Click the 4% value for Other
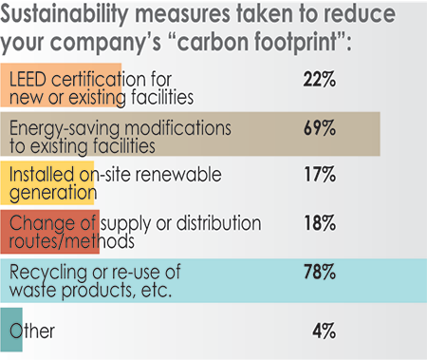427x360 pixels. click(x=323, y=332)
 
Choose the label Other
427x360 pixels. click(x=32, y=332)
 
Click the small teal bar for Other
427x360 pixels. click(x=10, y=331)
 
